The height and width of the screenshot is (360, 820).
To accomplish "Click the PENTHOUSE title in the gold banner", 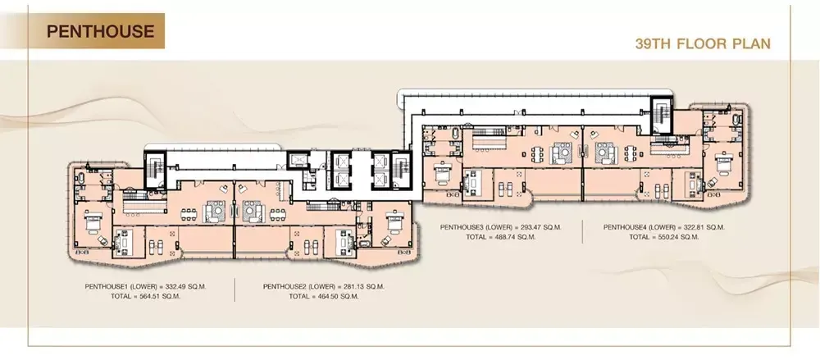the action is pos(100,31).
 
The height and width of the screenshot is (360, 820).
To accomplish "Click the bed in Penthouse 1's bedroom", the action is pos(93,222).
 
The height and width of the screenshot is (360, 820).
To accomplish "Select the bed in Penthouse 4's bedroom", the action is pos(723,166).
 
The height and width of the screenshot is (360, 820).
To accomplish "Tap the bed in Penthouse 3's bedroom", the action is pos(443,169).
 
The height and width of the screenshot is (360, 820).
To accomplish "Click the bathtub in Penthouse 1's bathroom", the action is pos(80,179).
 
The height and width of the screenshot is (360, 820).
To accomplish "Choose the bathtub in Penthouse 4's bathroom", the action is pos(737,121).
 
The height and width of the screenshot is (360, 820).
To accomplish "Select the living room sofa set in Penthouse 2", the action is pos(254,211).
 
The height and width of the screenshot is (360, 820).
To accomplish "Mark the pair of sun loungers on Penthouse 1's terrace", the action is pos(156,245).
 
